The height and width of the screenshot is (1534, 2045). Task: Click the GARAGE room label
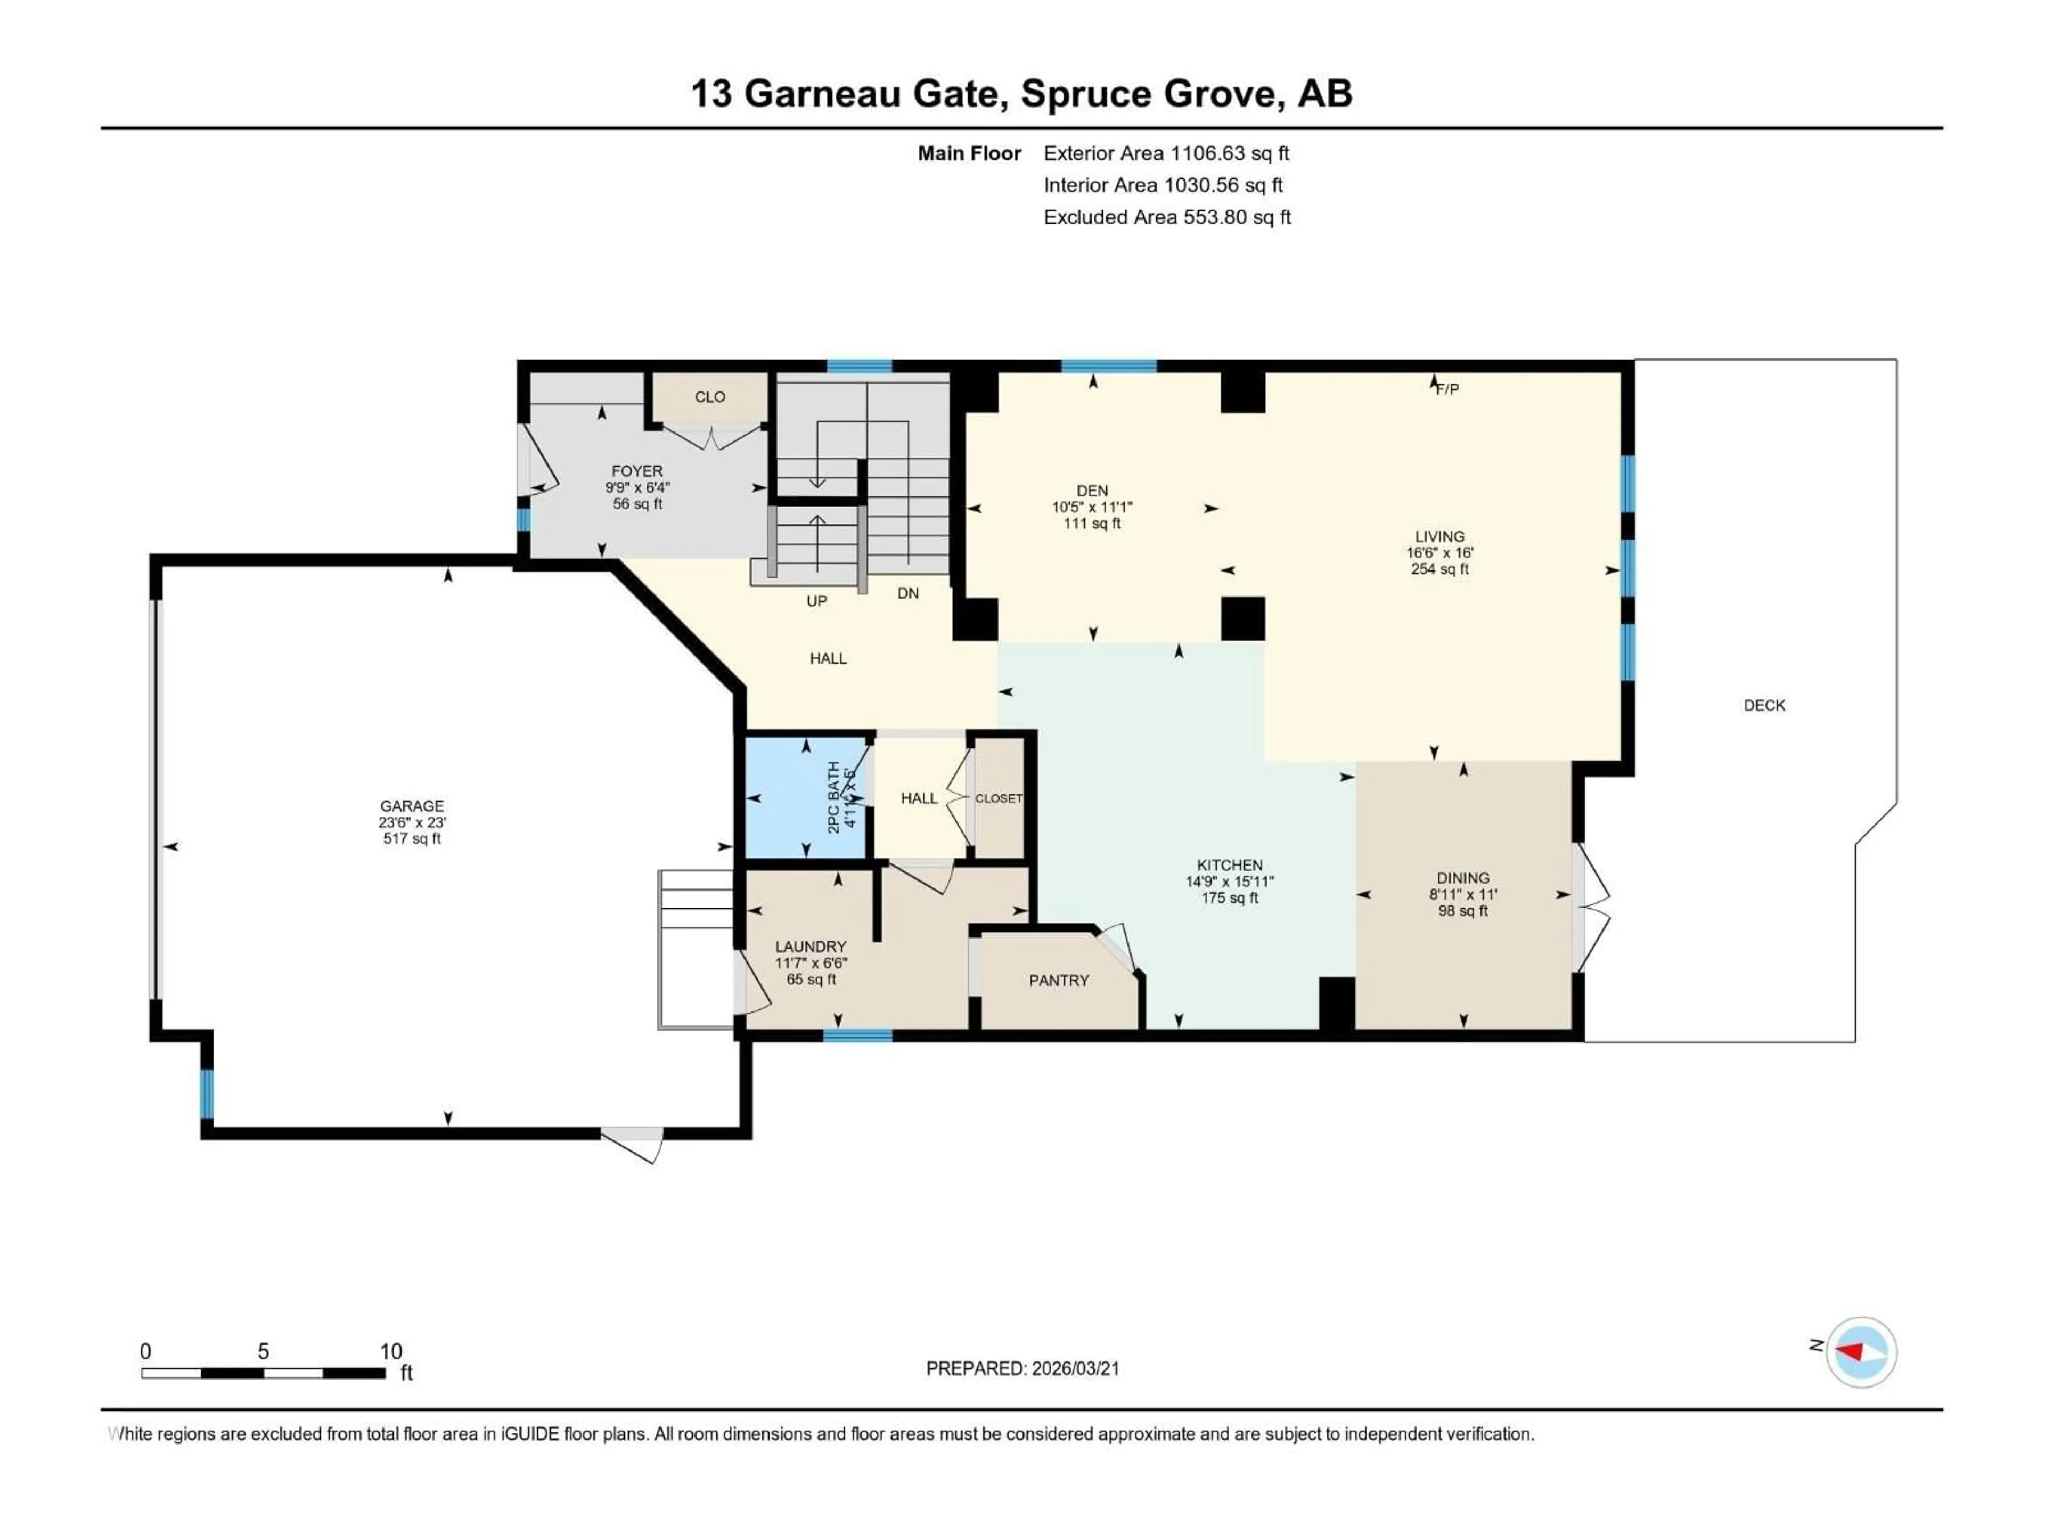pos(412,805)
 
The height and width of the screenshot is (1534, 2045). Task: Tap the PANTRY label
pos(1059,980)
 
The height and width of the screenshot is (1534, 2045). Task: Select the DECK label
pos(1764,706)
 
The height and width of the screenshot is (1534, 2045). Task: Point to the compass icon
pos(1861,1352)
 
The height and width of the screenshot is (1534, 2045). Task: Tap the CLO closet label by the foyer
pos(709,397)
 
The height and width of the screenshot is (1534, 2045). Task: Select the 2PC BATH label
pos(834,797)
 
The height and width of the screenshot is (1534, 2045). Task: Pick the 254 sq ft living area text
pos(1439,569)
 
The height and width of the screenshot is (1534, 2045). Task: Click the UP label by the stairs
pos(816,601)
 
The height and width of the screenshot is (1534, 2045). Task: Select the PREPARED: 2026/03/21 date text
pos(1023,1368)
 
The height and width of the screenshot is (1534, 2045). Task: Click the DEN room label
pos(1092,490)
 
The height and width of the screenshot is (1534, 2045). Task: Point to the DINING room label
pos(1462,877)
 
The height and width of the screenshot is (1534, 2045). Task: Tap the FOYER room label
pos(637,471)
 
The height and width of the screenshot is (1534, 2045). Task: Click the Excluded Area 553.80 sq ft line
pos(1167,217)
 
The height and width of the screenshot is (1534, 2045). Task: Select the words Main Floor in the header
pos(969,153)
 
